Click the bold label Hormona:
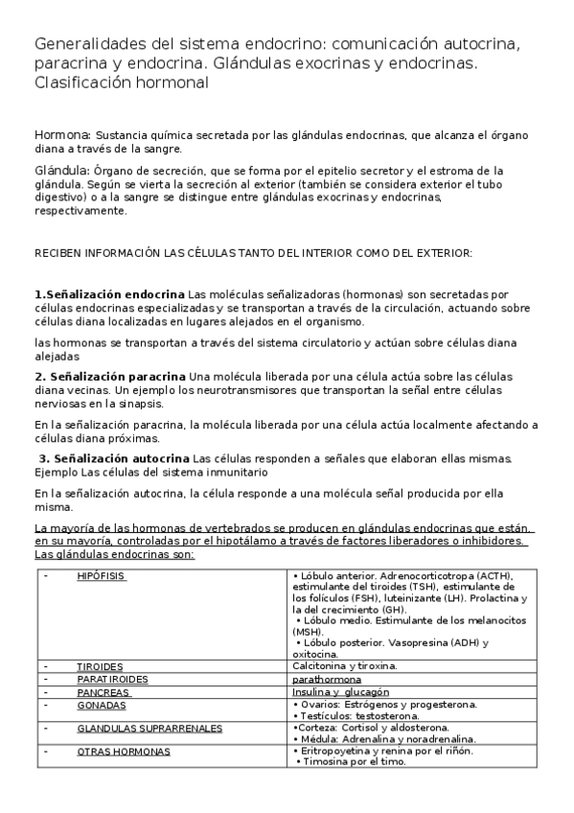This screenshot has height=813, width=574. [x=62, y=135]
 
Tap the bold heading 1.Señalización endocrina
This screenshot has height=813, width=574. [x=109, y=294]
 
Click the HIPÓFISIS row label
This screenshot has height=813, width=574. [x=102, y=576]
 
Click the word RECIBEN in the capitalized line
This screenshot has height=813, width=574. [x=56, y=253]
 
